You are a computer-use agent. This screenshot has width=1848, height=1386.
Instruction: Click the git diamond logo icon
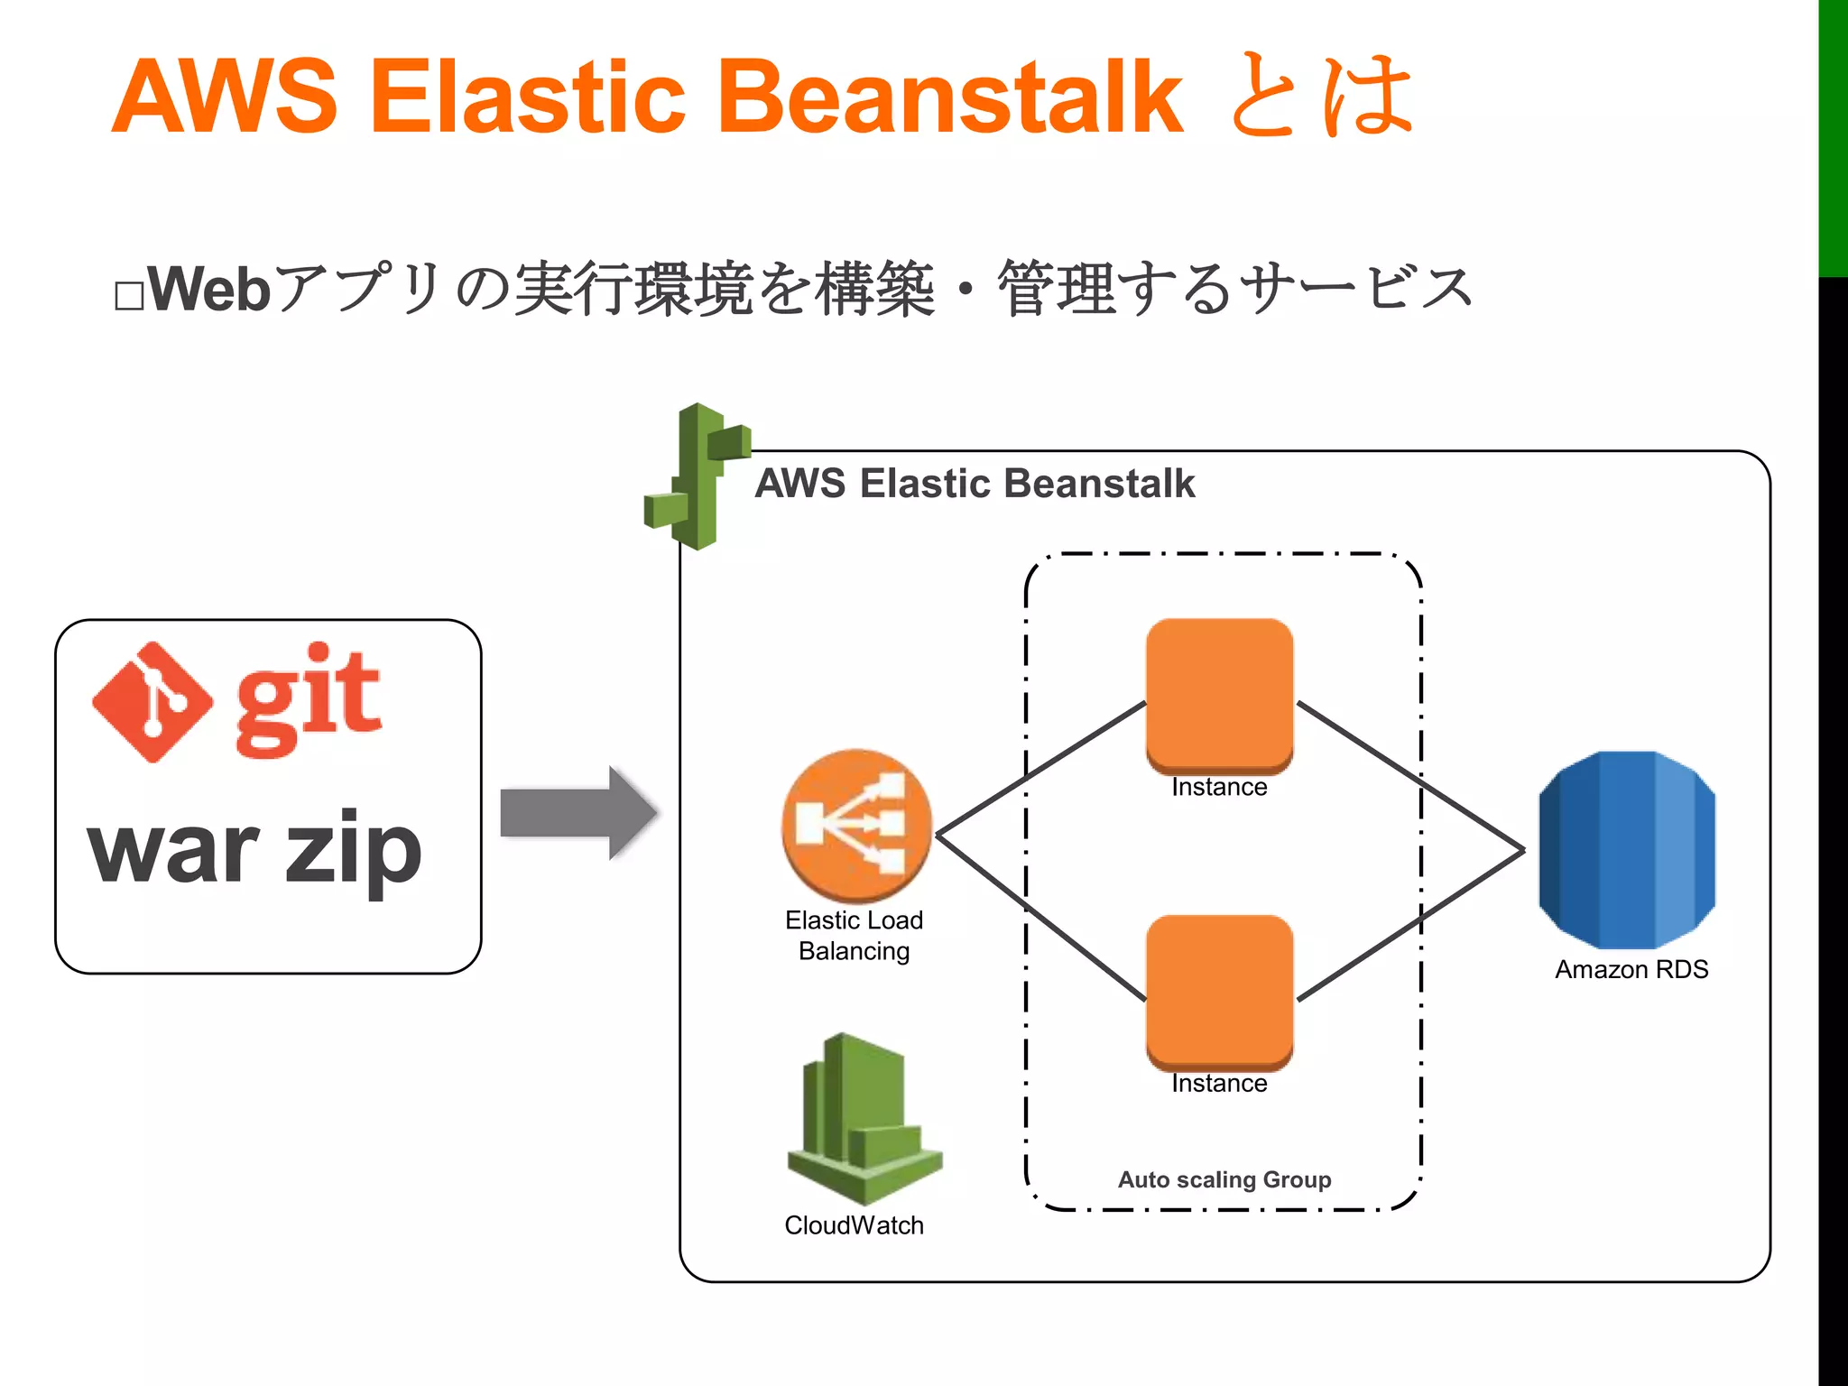(x=152, y=702)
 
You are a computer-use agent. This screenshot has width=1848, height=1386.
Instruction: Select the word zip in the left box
(x=353, y=850)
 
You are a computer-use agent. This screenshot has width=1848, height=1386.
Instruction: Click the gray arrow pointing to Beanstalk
(x=577, y=812)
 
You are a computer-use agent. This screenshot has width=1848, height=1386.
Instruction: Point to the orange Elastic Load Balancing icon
(x=856, y=825)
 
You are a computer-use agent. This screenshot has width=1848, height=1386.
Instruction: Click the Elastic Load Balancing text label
(x=854, y=935)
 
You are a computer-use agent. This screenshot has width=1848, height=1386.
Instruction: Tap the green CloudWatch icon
(x=863, y=1119)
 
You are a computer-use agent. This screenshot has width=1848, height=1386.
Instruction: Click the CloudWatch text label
(x=854, y=1225)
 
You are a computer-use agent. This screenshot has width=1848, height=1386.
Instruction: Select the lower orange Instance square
(x=1219, y=991)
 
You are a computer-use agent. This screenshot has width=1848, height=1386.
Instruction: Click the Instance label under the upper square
(x=1219, y=788)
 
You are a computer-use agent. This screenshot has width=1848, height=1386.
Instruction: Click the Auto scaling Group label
(x=1224, y=1179)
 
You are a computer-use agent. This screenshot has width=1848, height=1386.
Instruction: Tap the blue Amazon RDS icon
(x=1627, y=850)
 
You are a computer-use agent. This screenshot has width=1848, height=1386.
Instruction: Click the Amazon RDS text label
(x=1631, y=970)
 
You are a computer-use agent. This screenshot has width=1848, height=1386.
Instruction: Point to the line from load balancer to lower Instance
(x=1041, y=917)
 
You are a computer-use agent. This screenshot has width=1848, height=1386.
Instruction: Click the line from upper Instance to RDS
(x=1410, y=776)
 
